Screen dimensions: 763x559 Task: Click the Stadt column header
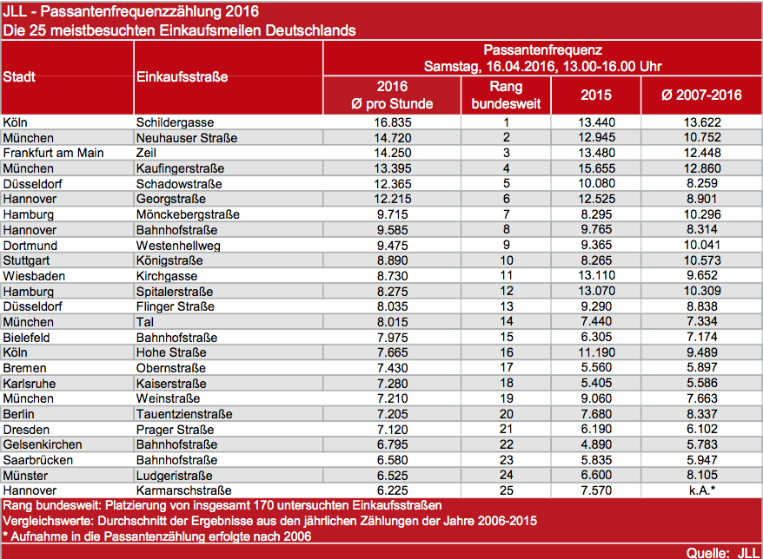click(x=19, y=76)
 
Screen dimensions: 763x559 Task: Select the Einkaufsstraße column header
click(x=182, y=76)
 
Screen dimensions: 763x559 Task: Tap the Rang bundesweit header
click(x=506, y=95)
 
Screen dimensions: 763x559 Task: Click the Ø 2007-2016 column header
click(x=701, y=95)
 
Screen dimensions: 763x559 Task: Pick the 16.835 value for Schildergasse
click(x=392, y=122)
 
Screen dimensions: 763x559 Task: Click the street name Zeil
click(x=146, y=153)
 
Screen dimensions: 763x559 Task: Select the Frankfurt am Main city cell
click(x=54, y=153)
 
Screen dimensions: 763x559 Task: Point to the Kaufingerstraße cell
click(x=180, y=168)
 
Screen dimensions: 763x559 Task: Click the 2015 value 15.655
click(x=596, y=168)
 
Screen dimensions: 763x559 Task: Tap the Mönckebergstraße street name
click(x=188, y=214)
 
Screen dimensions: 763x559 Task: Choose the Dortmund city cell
click(x=30, y=246)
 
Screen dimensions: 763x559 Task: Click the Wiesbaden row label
click(x=34, y=276)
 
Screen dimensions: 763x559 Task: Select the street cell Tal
click(x=144, y=322)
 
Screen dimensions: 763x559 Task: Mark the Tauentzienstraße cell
click(x=184, y=414)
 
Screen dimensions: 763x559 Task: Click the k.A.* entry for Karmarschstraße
click(x=702, y=490)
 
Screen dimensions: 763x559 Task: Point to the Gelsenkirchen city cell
click(x=43, y=444)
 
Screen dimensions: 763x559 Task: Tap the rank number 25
click(x=506, y=490)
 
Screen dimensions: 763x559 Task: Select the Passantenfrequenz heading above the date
click(x=542, y=50)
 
